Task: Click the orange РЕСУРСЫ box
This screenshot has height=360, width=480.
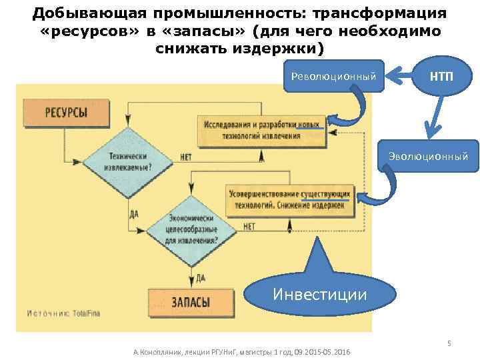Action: (x=66, y=111)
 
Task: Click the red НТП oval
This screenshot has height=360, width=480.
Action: (x=441, y=75)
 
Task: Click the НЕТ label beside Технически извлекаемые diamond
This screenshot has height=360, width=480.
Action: (x=186, y=158)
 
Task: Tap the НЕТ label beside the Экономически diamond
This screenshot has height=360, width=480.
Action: (x=249, y=227)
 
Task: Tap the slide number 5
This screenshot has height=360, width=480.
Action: (x=449, y=343)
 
